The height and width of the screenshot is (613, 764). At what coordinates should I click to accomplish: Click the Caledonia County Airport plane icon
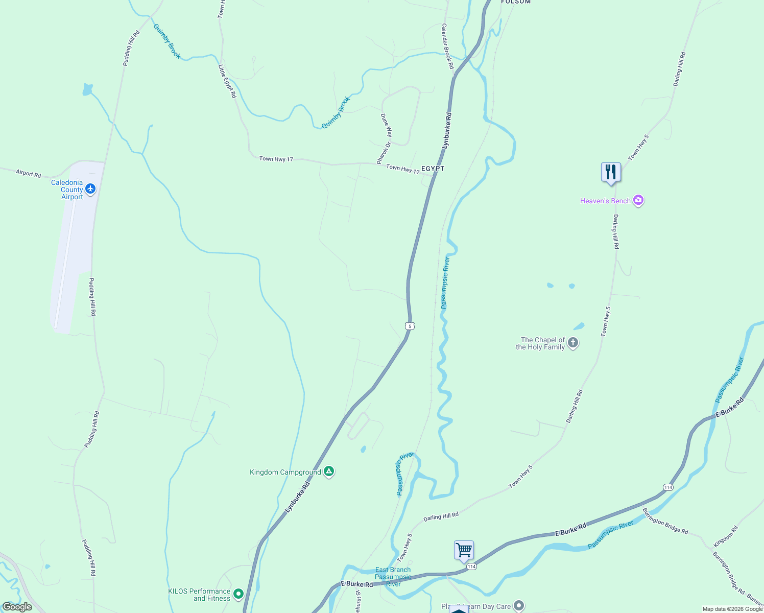pos(91,189)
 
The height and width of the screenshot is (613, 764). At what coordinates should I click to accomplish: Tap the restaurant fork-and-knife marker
pos(611,172)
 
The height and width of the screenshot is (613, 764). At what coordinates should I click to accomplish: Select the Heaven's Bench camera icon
pos(638,200)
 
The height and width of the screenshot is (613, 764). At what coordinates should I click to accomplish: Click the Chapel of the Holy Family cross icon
pos(573,343)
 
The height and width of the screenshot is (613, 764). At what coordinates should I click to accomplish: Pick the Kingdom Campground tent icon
pos(329,471)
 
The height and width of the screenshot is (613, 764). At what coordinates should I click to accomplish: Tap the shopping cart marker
pos(464,551)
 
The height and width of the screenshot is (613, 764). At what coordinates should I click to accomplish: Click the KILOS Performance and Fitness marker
pos(238,594)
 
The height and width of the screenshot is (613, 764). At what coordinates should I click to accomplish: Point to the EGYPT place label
pos(433,169)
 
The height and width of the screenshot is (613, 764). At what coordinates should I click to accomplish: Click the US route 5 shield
pos(410,326)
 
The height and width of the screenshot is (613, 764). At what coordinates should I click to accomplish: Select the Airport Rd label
pos(28,174)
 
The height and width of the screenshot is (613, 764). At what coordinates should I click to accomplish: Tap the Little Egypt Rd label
pos(227,81)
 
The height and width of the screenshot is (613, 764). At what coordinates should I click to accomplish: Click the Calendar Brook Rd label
pos(447,46)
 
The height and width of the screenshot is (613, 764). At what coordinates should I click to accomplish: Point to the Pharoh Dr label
pos(384,153)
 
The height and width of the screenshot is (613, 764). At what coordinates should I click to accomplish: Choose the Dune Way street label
pos(387,125)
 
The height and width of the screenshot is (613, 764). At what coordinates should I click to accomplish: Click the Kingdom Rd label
pos(726,536)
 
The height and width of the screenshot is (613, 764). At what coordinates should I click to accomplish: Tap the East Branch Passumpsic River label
pos(393,577)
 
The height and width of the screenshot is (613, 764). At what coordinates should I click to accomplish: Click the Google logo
pos(17,607)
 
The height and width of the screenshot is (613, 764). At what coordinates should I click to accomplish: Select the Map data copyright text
pos(732,609)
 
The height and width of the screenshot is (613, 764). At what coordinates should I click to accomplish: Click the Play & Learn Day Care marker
pos(519,606)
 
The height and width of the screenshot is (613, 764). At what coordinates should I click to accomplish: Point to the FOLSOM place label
pos(516,2)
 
